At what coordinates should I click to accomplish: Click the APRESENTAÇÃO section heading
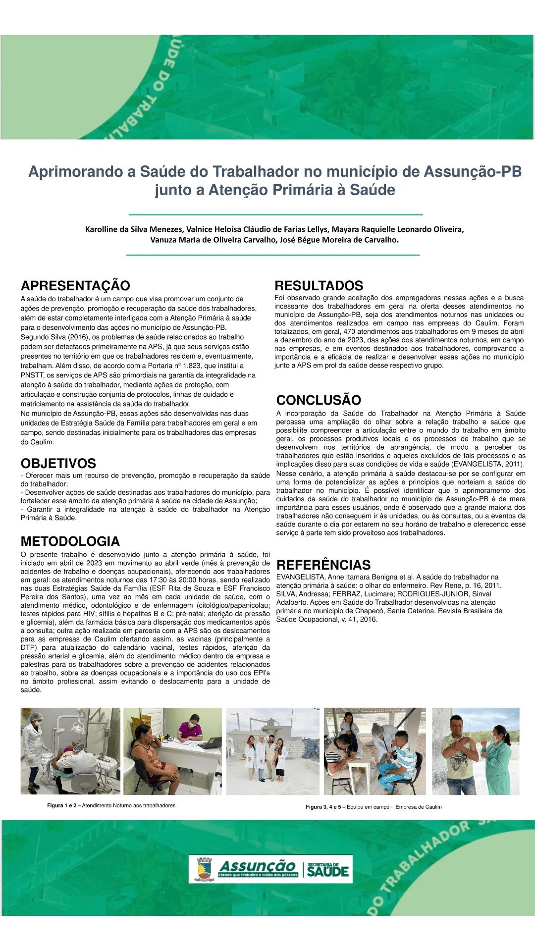pos(75,286)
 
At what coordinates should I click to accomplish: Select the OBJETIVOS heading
pos(58,464)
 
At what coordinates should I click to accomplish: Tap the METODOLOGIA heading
pos(70,541)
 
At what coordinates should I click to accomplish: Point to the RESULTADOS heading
pos(319,286)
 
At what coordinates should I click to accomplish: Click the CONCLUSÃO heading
pos(319,400)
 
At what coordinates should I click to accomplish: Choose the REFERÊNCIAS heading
pos(323,565)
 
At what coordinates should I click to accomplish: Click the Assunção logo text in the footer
pos(257,867)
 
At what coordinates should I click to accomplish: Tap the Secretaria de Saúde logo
pos(327,870)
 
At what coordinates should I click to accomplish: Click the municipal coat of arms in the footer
pos(204,869)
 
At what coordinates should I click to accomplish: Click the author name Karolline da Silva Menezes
pos(134,229)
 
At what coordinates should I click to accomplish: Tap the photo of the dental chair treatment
pos(70,751)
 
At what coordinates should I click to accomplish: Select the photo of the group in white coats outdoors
pos(273,751)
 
